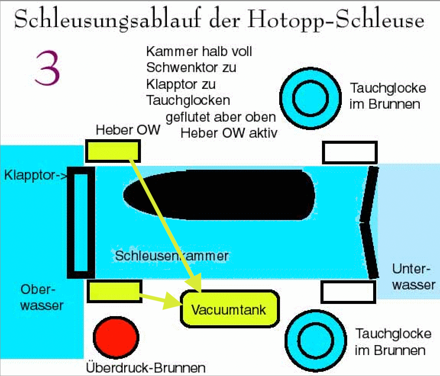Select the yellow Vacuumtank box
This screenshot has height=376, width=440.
point(229,309)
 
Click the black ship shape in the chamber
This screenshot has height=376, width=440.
point(219,195)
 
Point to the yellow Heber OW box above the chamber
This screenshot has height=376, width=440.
point(112,150)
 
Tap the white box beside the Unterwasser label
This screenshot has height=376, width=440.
point(349,292)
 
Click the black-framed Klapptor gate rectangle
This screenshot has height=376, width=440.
point(81,222)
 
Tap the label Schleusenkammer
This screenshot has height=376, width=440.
point(172,255)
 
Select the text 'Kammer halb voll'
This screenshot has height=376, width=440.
point(199,51)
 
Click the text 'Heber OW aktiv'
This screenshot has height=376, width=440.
point(228,133)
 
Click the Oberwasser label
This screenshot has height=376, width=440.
point(42,298)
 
